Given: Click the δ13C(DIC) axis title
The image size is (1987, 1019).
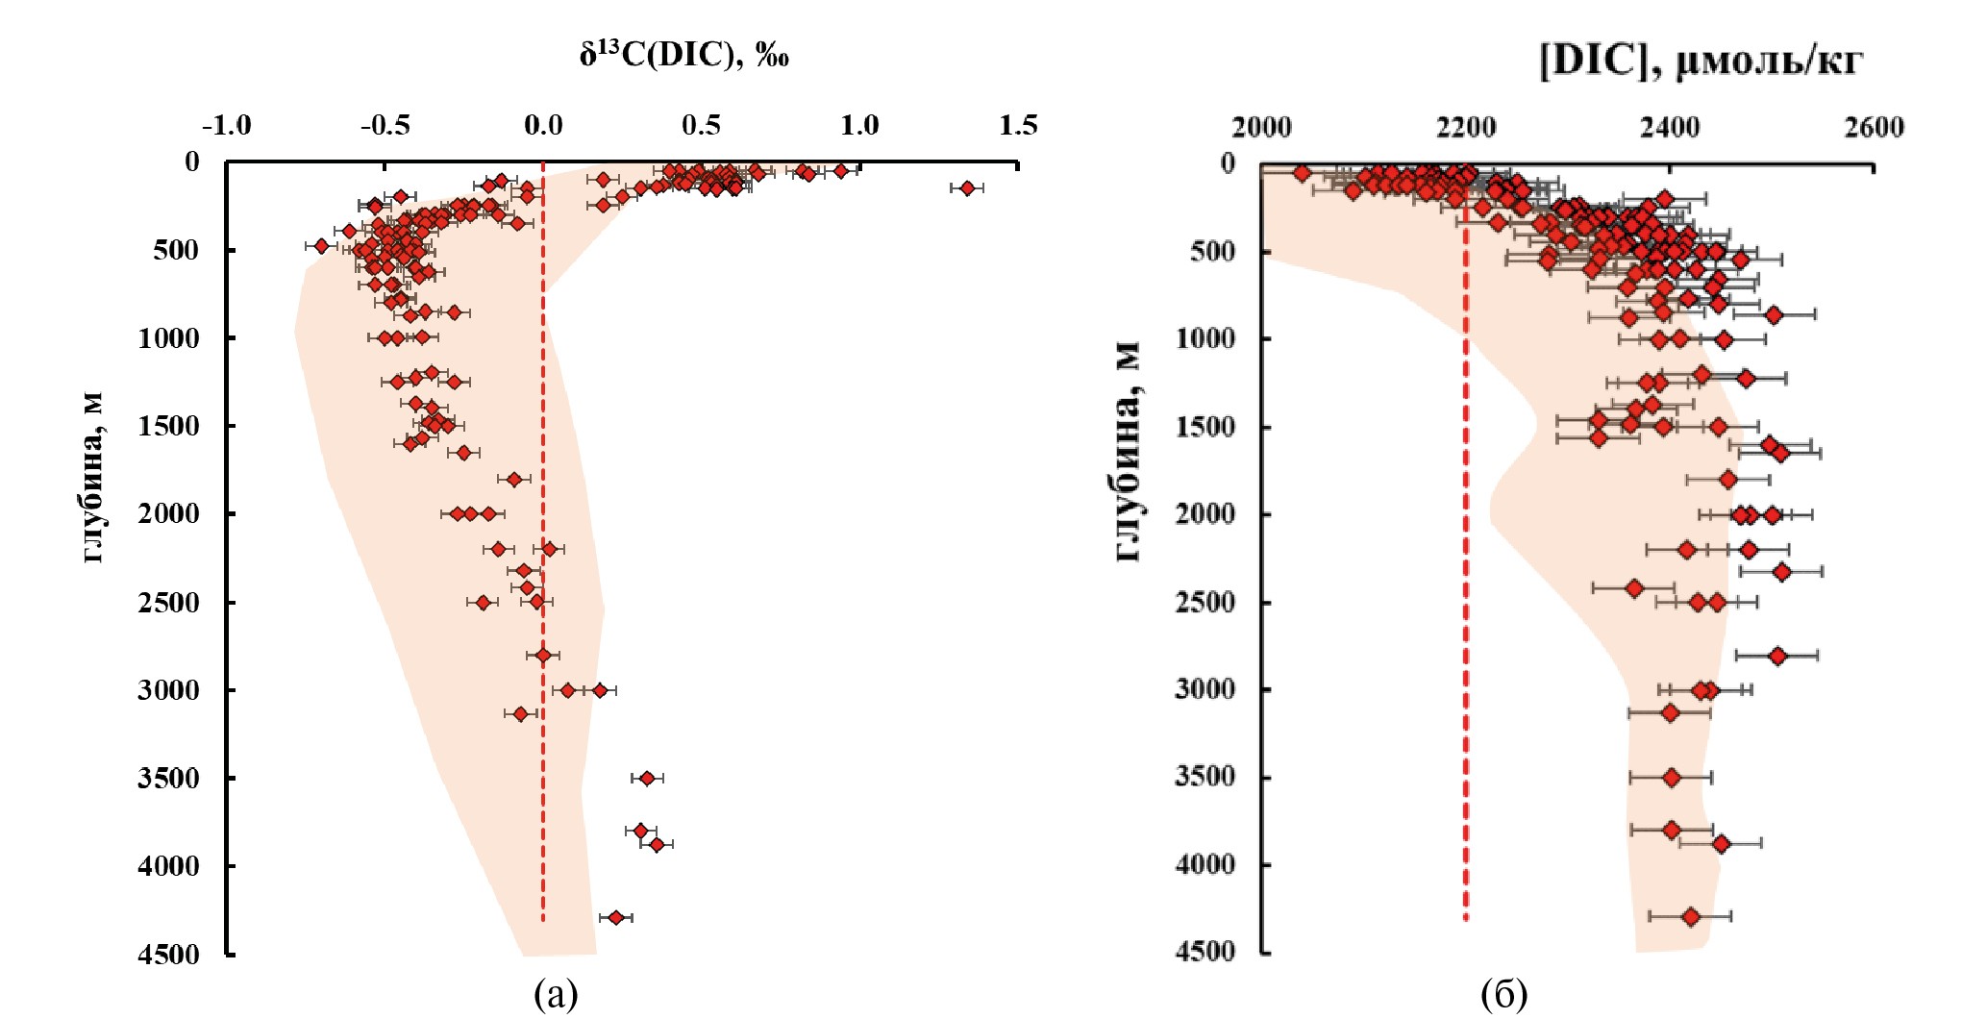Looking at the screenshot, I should pyautogui.click(x=683, y=55).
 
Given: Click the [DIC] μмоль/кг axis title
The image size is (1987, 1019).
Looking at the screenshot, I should pyautogui.click(x=1701, y=61).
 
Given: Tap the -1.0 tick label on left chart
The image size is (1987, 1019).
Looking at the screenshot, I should pyautogui.click(x=227, y=125).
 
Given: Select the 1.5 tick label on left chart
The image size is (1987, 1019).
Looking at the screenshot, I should pyautogui.click(x=1018, y=125).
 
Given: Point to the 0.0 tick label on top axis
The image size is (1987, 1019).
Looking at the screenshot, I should pyautogui.click(x=543, y=125).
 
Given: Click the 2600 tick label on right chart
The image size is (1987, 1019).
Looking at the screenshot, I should pyautogui.click(x=1874, y=127).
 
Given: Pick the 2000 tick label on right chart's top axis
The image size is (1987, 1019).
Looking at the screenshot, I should pyautogui.click(x=1261, y=127).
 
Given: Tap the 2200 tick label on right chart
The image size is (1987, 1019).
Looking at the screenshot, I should pyautogui.click(x=1466, y=127).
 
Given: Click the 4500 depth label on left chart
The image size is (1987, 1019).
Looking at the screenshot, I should pyautogui.click(x=169, y=954).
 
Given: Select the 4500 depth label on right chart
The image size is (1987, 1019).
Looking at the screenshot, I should pyautogui.click(x=1205, y=952).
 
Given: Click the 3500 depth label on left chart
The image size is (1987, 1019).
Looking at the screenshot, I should pyautogui.click(x=169, y=778).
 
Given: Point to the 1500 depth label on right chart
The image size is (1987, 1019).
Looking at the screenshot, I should pyautogui.click(x=1205, y=426).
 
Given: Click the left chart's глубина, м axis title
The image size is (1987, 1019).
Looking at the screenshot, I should pyautogui.click(x=92, y=478).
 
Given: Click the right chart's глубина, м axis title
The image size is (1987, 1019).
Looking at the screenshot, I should pyautogui.click(x=1129, y=452).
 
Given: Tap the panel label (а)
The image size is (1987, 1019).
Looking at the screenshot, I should pyautogui.click(x=556, y=994).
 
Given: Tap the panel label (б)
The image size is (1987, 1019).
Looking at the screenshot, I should pyautogui.click(x=1503, y=994).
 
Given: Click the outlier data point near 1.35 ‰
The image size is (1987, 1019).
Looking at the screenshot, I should pyautogui.click(x=967, y=188).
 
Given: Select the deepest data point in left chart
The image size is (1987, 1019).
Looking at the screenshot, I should pyautogui.click(x=616, y=917).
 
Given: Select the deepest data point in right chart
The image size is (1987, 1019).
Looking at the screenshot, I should pyautogui.click(x=1691, y=917).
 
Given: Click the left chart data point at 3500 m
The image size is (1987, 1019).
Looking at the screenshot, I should pyautogui.click(x=647, y=778).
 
